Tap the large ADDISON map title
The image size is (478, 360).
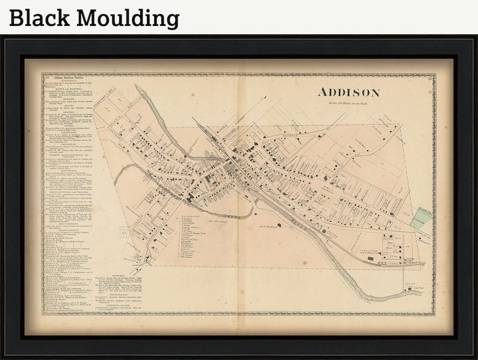(349, 93)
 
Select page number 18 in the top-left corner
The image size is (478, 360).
(45, 77)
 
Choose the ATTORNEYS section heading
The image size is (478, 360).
(66, 82)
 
